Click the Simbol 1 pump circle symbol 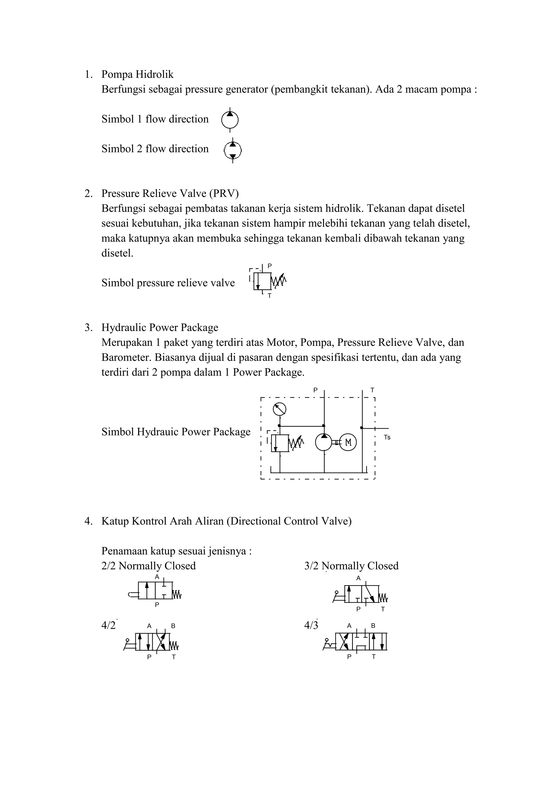pos(230,120)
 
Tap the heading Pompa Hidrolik pos(137,74)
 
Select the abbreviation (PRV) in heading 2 pos(224,193)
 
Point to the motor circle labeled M pos(348,442)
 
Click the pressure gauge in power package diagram pos(279,409)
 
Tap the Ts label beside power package pos(387,438)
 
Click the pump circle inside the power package pos(324,442)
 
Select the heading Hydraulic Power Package pos(160,327)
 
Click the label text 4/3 pos(311,625)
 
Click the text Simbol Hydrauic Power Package pos(176,432)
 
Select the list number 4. pos(88,521)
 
